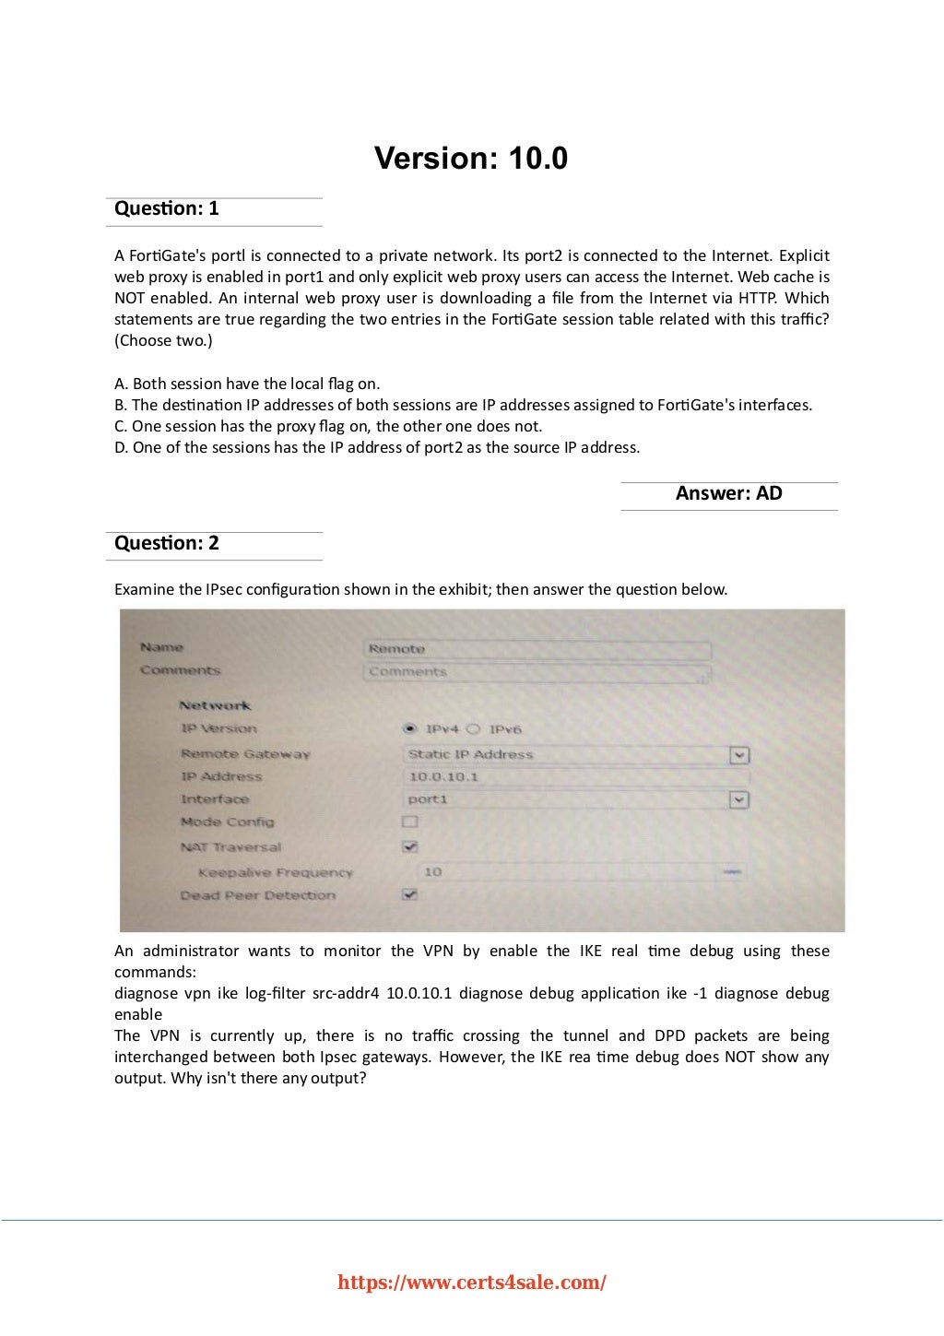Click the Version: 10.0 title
tap(471, 159)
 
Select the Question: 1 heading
tap(167, 208)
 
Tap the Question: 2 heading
tap(167, 543)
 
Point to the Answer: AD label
tap(728, 493)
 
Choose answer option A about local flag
tap(247, 384)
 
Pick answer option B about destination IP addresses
tap(463, 405)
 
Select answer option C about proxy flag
tap(328, 426)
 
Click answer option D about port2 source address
tap(377, 447)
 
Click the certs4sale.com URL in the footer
tap(472, 1283)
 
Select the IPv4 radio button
tap(411, 729)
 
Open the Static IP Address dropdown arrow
tap(738, 755)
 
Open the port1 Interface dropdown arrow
tap(738, 799)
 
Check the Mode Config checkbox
tap(410, 822)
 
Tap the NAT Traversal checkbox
tap(410, 846)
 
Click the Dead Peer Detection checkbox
tap(410, 894)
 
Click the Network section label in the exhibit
tap(215, 705)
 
